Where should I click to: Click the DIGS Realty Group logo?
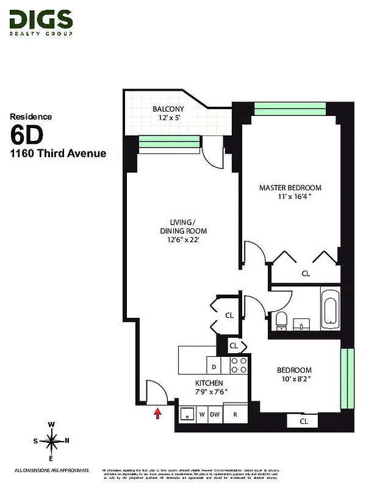point(41,23)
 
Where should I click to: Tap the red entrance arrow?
point(157,414)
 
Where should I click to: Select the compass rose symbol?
point(52,440)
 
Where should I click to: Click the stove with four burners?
point(239,364)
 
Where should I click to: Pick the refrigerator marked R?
point(234,414)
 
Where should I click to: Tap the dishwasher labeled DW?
point(215,414)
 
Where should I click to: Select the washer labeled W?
point(201,414)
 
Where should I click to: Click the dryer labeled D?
point(214,367)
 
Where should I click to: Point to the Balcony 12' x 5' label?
point(168,113)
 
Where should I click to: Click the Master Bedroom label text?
point(290,192)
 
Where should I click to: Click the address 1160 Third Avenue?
point(58,153)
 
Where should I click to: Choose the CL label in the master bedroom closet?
point(306,274)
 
